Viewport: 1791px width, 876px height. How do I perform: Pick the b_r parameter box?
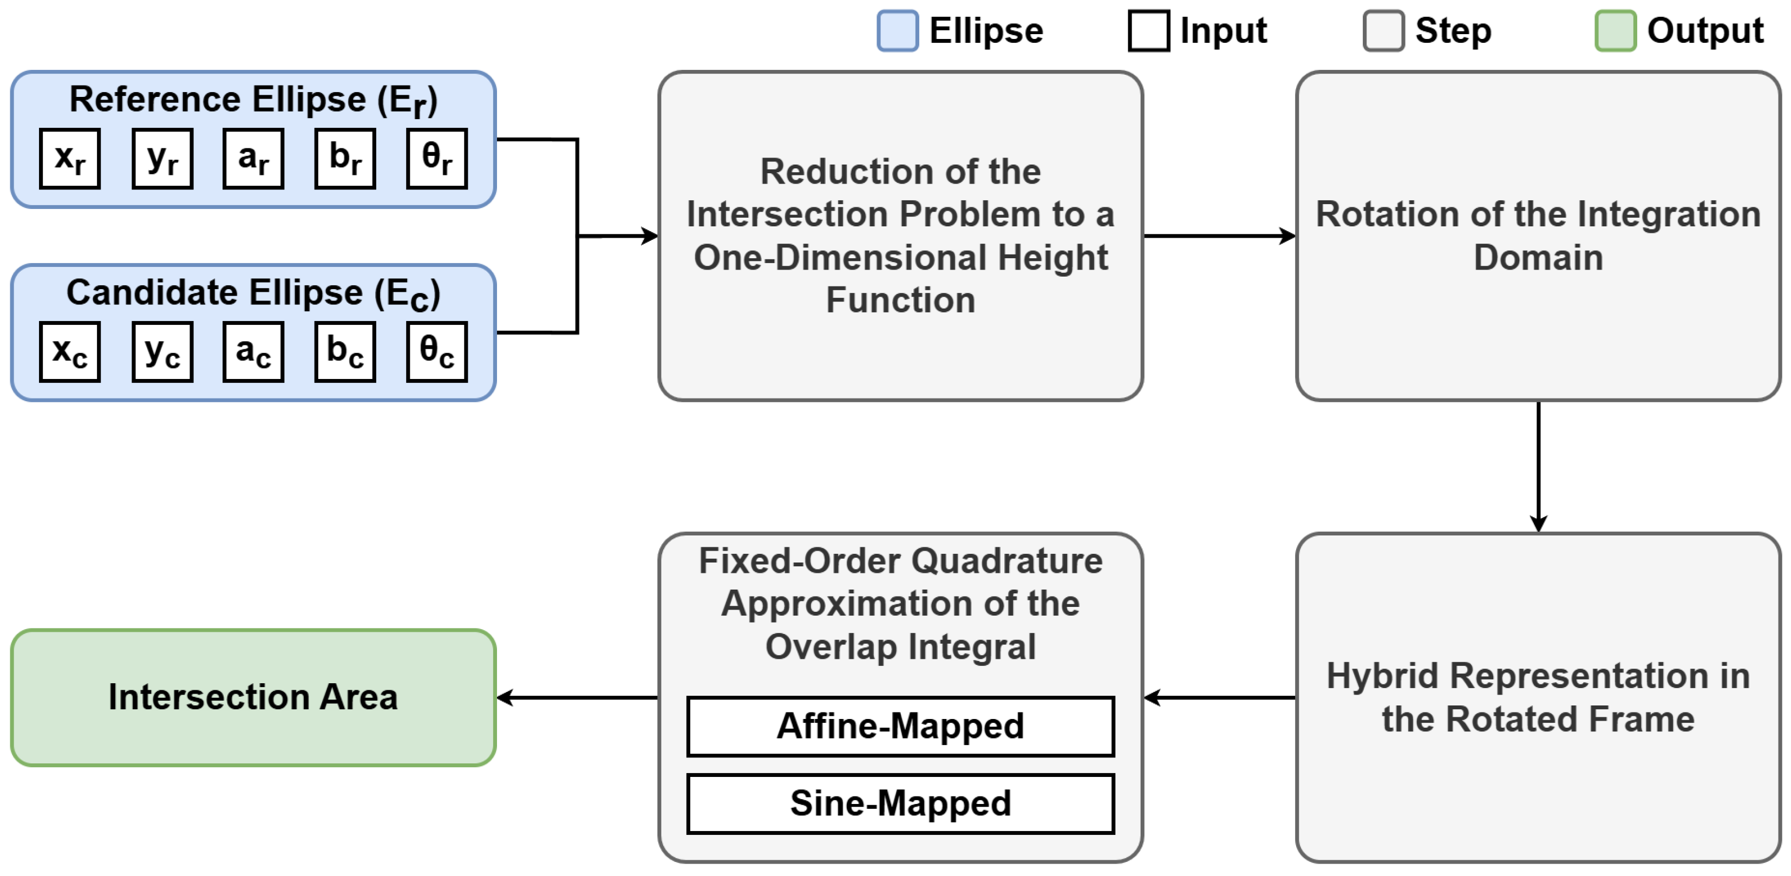coord(345,159)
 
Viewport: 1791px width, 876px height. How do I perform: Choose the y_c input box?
coord(162,352)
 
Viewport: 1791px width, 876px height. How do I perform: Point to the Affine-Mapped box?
coord(901,727)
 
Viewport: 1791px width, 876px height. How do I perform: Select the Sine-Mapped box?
coord(901,803)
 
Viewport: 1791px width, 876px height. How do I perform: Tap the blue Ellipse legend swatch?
coord(898,31)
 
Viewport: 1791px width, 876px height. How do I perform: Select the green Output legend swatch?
coord(1616,31)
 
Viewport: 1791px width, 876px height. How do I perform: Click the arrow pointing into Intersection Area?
coord(578,698)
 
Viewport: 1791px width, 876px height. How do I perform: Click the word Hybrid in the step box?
coord(1383,676)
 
